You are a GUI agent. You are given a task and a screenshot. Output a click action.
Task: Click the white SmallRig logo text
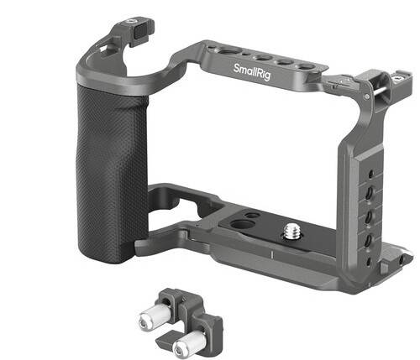click(252, 71)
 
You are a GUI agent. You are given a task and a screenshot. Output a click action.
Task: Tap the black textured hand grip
click(111, 175)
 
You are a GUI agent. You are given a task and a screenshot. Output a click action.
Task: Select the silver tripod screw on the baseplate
click(290, 232)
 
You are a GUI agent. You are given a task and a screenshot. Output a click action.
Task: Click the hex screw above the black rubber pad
click(130, 21)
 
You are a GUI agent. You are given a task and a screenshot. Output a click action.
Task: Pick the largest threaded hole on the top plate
click(229, 52)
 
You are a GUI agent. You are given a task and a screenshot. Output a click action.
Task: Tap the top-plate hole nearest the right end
click(307, 67)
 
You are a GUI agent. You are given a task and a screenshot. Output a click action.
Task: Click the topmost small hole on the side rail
click(370, 175)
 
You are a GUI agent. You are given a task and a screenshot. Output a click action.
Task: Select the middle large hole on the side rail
click(369, 217)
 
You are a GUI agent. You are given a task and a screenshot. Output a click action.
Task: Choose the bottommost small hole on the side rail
click(369, 262)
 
